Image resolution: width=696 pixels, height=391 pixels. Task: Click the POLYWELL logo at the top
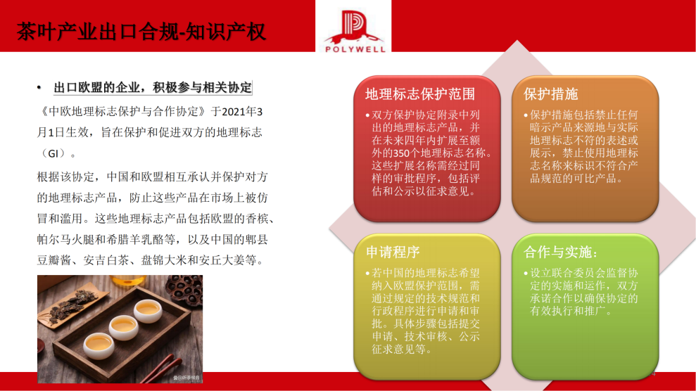point(354,30)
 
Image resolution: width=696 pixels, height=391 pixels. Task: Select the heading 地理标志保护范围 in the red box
point(420,94)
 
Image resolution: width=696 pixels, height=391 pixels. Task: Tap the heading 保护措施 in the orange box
point(551,94)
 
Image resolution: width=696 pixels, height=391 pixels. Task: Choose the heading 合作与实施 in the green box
point(561,252)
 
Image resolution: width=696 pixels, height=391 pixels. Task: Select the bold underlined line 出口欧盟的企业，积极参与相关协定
point(153,88)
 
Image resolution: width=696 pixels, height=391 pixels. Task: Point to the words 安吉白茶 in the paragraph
point(106,259)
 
